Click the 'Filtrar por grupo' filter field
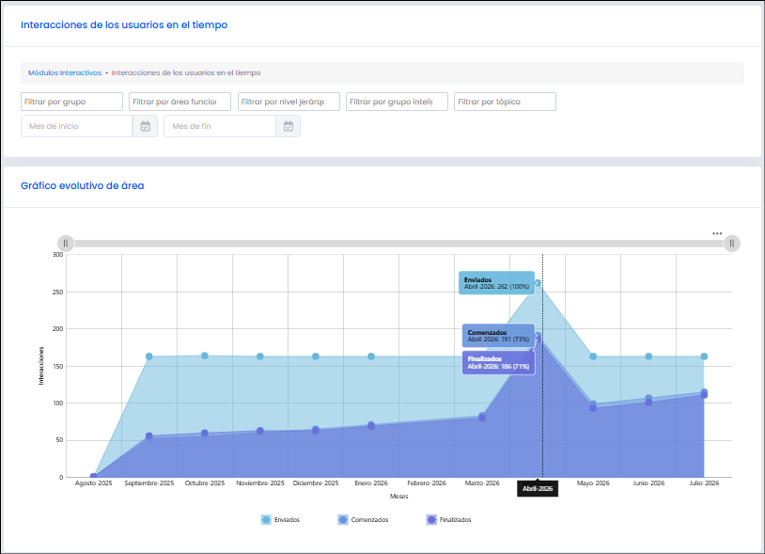click(x=71, y=102)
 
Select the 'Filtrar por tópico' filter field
click(x=505, y=102)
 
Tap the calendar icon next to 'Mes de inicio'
click(x=146, y=126)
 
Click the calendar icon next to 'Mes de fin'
click(x=289, y=126)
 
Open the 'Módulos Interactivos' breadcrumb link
click(x=65, y=72)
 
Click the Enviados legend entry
click(x=281, y=520)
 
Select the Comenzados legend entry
click(x=363, y=520)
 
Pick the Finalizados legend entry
click(x=449, y=520)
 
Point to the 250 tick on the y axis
click(x=57, y=292)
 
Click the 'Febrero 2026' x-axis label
click(x=427, y=483)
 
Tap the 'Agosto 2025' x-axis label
click(x=94, y=483)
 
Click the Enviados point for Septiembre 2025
click(x=149, y=356)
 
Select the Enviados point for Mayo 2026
click(x=593, y=356)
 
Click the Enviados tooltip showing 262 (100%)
click(x=496, y=283)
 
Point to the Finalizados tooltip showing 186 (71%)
click(x=499, y=363)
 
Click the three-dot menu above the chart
click(x=717, y=233)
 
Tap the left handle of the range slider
click(x=66, y=243)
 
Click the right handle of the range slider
click(x=732, y=243)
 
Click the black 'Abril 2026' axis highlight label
click(x=538, y=488)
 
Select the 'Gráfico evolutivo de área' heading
click(x=83, y=185)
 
